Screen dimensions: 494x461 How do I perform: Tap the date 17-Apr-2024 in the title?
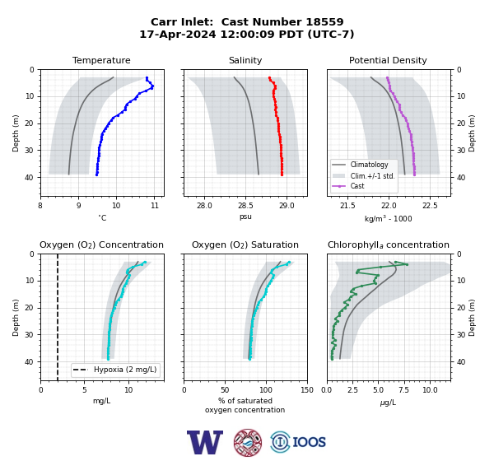pyautogui.click(x=178, y=34)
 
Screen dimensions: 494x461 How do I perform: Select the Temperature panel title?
pyautogui.click(x=101, y=60)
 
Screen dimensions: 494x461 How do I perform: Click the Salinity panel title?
pyautogui.click(x=245, y=60)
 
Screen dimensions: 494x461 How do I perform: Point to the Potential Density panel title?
pyautogui.click(x=388, y=60)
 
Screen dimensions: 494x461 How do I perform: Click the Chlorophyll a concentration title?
pyautogui.click(x=388, y=244)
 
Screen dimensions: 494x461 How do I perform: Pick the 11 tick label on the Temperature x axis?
pyautogui.click(x=155, y=206)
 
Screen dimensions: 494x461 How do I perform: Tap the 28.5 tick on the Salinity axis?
pyautogui.click(x=245, y=206)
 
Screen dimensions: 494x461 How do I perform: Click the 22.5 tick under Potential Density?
pyautogui.click(x=430, y=206)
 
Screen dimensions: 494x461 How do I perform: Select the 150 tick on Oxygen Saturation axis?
pyautogui.click(x=307, y=390)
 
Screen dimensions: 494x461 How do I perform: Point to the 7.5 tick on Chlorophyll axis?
pyautogui.click(x=404, y=390)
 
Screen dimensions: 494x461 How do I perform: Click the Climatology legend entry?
pyautogui.click(x=369, y=165)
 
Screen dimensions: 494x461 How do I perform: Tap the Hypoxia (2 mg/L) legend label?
pyautogui.click(x=125, y=370)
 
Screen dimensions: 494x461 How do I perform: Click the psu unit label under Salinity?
pyautogui.click(x=245, y=217)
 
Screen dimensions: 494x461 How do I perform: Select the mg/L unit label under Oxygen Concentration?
pyautogui.click(x=101, y=401)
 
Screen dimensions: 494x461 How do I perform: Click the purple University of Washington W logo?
pyautogui.click(x=205, y=442)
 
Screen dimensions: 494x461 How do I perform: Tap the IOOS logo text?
pyautogui.click(x=309, y=442)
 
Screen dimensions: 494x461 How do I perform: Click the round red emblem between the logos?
pyautogui.click(x=248, y=442)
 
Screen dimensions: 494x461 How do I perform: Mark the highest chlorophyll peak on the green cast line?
pyautogui.click(x=407, y=264)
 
